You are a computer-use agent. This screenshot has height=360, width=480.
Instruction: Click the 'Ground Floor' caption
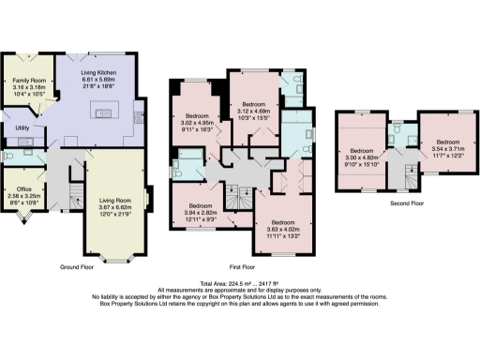pyautogui.click(x=80, y=265)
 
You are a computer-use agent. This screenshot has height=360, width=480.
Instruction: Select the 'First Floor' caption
pyautogui.click(x=244, y=265)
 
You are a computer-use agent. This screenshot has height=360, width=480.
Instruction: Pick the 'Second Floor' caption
pyautogui.click(x=406, y=202)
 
